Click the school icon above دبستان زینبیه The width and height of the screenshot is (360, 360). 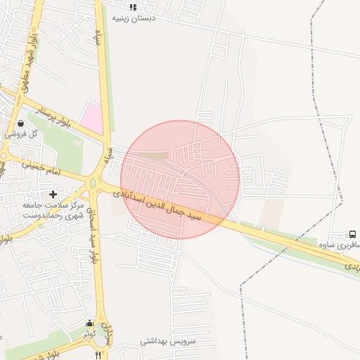pyautogui.click(x=133, y=7)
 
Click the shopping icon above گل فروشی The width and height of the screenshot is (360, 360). pyautogui.click(x=20, y=123)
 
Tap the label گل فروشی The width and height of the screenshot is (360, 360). pyautogui.click(x=15, y=133)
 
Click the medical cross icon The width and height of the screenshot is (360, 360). pyautogui.click(x=53, y=193)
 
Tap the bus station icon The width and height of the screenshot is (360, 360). pyautogui.click(x=352, y=235)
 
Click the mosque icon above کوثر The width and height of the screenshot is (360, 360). pyautogui.click(x=89, y=323)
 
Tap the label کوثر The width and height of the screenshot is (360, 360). pyautogui.click(x=89, y=333)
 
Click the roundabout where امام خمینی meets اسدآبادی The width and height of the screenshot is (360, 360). pyautogui.click(x=92, y=184)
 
